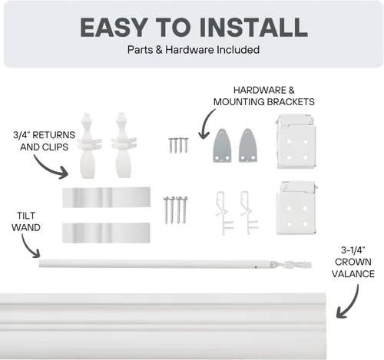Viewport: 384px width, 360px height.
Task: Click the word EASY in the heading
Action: (x=114, y=28)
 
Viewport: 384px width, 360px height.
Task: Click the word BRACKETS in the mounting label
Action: (x=291, y=102)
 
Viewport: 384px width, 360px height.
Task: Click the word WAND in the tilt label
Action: (x=26, y=227)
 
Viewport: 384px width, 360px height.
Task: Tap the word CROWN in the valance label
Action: (x=353, y=262)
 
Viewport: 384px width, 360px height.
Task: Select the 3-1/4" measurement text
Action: (x=353, y=250)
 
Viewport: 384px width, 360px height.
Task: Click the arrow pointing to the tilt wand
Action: (x=28, y=247)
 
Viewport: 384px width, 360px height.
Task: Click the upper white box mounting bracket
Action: (x=296, y=141)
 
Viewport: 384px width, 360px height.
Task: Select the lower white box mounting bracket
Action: (x=296, y=208)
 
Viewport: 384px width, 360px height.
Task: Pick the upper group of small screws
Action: (x=178, y=145)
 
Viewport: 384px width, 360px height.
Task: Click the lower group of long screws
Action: (x=175, y=210)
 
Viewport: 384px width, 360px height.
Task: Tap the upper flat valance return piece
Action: (x=106, y=197)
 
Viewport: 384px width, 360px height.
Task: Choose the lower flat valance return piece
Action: (x=106, y=233)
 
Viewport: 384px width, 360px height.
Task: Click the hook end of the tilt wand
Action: (x=292, y=264)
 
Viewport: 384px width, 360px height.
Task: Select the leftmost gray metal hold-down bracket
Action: (x=222, y=146)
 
